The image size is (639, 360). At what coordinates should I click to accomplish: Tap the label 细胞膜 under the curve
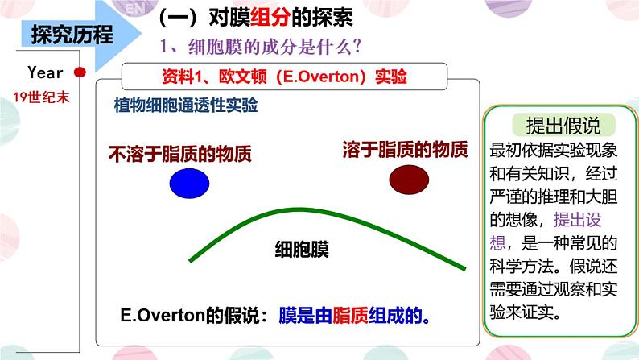[301, 250]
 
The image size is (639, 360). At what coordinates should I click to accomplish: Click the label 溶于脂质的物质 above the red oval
[405, 149]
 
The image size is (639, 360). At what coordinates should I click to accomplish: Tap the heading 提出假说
[552, 126]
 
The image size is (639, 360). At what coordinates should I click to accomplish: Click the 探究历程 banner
[72, 35]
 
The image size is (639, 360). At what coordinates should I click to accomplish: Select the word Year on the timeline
[44, 72]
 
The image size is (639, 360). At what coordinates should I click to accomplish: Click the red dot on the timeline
[80, 72]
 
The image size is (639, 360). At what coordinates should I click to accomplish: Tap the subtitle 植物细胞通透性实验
[186, 106]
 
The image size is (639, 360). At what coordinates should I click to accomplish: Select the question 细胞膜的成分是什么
[258, 48]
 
